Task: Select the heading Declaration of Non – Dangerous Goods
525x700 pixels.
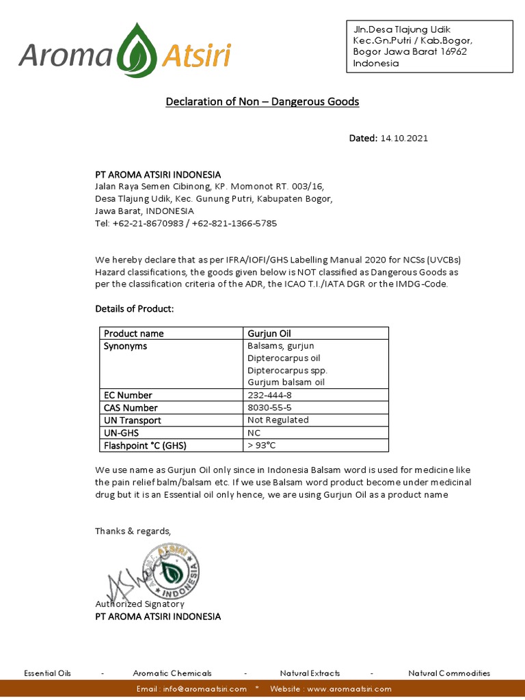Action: [x=262, y=102]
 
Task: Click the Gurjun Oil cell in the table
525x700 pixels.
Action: [x=269, y=334]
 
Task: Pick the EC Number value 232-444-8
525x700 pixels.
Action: [x=269, y=395]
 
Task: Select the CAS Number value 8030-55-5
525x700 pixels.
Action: [x=269, y=407]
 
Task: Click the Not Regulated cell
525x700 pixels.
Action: [x=278, y=420]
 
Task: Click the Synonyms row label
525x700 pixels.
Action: [x=125, y=346]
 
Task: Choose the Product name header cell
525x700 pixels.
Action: [x=133, y=334]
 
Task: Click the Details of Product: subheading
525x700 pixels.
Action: [x=134, y=309]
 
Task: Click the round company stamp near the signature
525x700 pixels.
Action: [x=176, y=571]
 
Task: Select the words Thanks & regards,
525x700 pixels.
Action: [x=133, y=531]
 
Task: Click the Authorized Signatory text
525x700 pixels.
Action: [x=139, y=604]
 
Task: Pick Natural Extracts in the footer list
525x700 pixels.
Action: [x=310, y=673]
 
